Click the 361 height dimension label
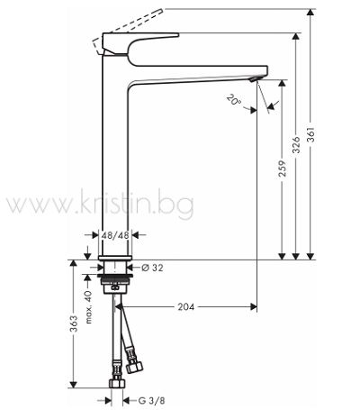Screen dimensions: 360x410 click(311, 134)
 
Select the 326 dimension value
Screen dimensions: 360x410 click(296, 144)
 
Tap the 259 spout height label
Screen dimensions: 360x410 click(282, 169)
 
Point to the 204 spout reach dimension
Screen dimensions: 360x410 click(186, 306)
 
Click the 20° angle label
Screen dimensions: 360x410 click(234, 99)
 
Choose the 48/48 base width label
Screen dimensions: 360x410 click(115, 235)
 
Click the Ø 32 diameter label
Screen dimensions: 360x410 click(152, 268)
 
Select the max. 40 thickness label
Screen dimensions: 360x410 click(88, 307)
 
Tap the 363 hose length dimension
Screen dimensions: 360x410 click(74, 323)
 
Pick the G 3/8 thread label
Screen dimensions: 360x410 click(151, 400)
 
